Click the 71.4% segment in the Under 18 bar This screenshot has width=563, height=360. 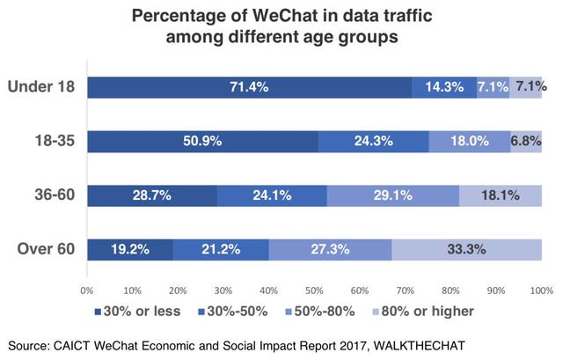pyautogui.click(x=250, y=86)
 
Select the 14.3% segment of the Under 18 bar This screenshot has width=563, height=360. pyautogui.click(x=443, y=86)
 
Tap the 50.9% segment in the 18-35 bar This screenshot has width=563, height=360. pyautogui.click(x=201, y=141)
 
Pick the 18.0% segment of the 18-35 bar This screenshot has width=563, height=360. pyautogui.click(x=469, y=141)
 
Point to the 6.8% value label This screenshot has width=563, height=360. pyautogui.click(x=527, y=141)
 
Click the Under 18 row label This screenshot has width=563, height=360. pyautogui.click(x=40, y=86)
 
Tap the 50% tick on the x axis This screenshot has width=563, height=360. pyautogui.click(x=313, y=289)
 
